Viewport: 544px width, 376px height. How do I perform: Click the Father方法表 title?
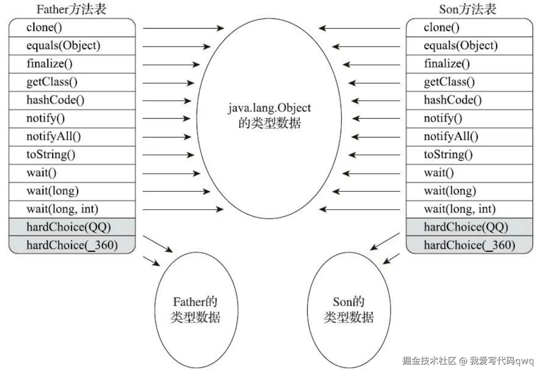click(71, 9)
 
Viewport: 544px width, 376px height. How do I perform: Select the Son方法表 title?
click(468, 9)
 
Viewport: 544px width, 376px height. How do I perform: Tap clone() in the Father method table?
click(44, 28)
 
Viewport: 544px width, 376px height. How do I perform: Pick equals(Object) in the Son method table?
click(461, 46)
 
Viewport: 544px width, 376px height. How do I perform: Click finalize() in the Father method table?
click(49, 64)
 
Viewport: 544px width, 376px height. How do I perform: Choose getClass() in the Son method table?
click(449, 82)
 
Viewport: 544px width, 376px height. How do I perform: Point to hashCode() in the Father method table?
click(55, 100)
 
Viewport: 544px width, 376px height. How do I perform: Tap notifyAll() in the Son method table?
click(451, 136)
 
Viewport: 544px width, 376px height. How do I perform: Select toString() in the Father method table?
click(51, 154)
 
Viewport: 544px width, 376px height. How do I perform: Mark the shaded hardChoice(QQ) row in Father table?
click(68, 227)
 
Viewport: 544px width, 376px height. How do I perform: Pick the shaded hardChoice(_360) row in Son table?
click(469, 245)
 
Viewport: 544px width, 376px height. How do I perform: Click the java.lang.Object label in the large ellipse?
click(269, 108)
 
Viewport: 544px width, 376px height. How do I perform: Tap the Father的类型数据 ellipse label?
click(195, 309)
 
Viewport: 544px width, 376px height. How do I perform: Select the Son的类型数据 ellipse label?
click(349, 309)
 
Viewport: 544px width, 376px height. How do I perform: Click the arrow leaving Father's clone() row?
click(183, 28)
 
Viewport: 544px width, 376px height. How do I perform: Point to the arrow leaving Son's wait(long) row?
click(366, 191)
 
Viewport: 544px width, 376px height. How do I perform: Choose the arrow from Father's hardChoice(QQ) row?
click(158, 244)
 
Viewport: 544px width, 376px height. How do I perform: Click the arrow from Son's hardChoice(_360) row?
click(391, 259)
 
